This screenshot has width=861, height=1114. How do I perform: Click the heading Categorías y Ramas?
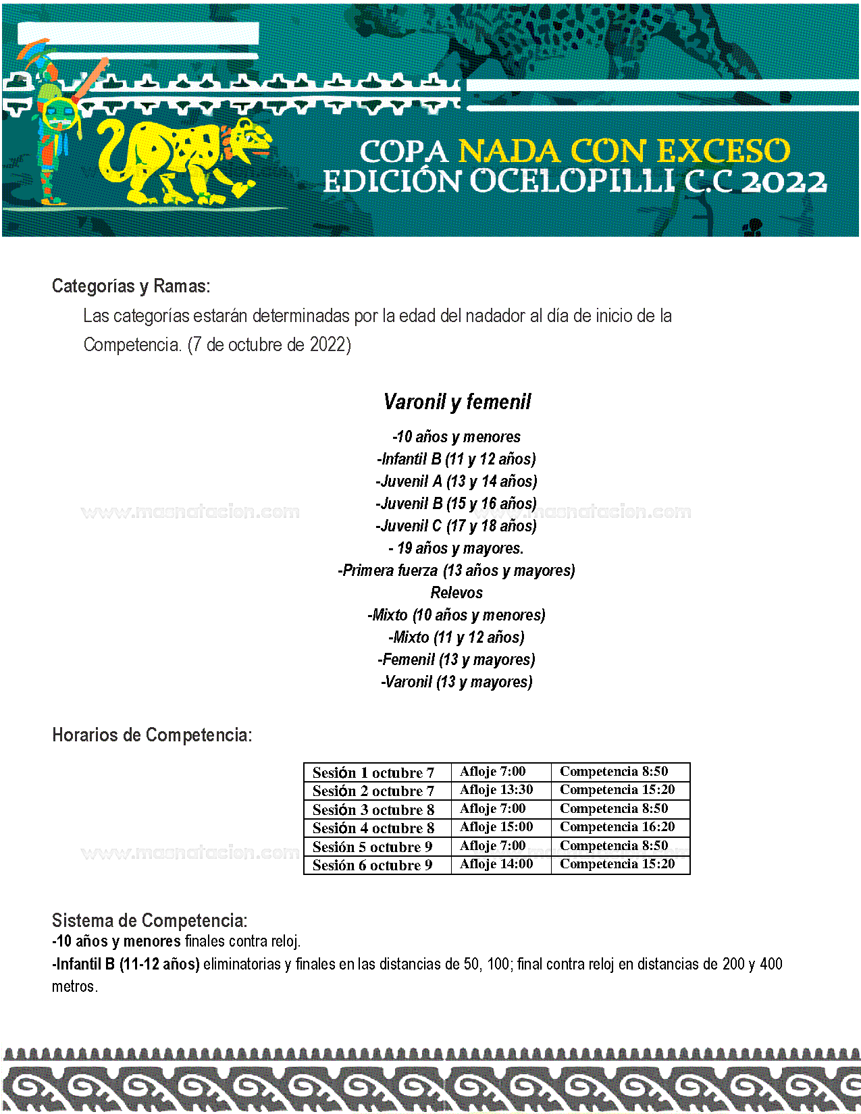[131, 286]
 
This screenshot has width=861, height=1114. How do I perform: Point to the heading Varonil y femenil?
[457, 402]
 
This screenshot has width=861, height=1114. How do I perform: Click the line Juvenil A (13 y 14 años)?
[456, 481]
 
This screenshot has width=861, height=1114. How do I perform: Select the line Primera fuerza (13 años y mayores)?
[456, 571]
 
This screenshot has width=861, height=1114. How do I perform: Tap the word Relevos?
[456, 593]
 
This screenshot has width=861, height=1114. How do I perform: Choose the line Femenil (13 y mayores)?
[456, 660]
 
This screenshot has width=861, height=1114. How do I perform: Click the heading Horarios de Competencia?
[152, 735]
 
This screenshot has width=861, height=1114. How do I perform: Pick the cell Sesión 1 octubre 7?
[373, 772]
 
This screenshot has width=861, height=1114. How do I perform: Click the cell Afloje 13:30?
[496, 790]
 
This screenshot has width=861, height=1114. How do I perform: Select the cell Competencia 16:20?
[617, 827]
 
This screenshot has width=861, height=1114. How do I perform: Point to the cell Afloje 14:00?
[496, 864]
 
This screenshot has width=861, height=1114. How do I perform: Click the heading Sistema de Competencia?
[150, 921]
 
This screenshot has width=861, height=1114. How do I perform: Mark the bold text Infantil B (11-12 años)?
[126, 964]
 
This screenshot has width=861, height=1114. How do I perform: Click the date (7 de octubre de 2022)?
[269, 345]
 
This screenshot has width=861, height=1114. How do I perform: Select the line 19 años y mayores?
[456, 548]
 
